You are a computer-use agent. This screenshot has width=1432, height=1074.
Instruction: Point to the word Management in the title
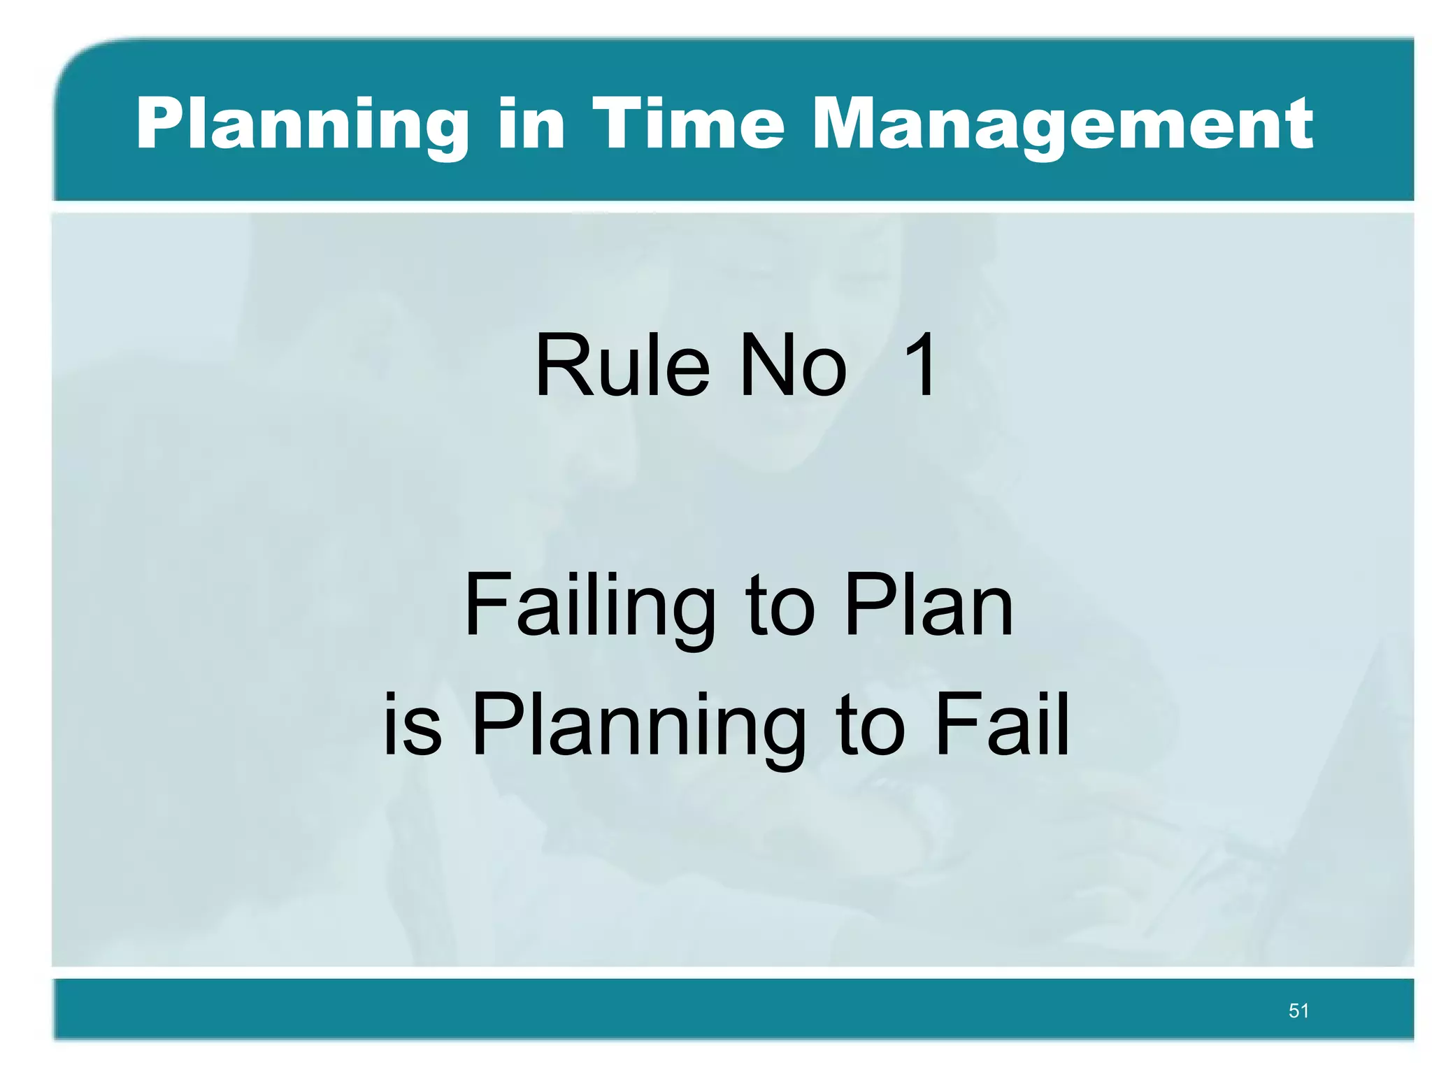pyautogui.click(x=1063, y=126)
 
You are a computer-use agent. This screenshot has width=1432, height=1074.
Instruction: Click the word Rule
pyautogui.click(x=622, y=365)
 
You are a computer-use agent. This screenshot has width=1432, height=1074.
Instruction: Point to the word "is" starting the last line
pyautogui.click(x=413, y=724)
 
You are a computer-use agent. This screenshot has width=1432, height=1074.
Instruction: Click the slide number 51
pyautogui.click(x=1298, y=1010)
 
